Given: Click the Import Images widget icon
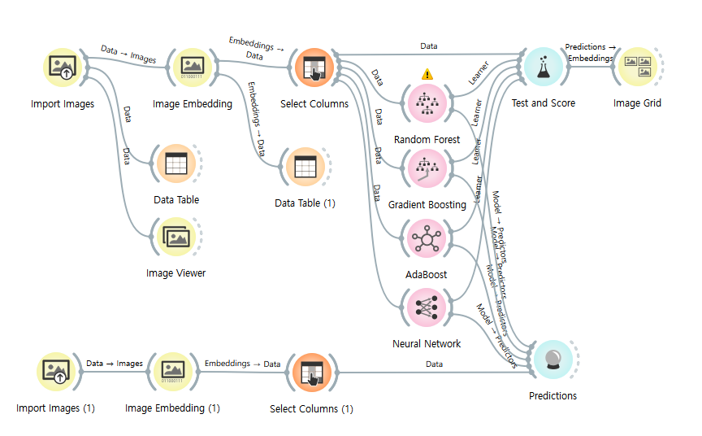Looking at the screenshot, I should [x=63, y=68].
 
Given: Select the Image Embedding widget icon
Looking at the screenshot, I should [x=193, y=68].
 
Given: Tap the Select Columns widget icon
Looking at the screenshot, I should [x=314, y=68].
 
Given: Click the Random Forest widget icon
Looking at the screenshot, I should [x=427, y=102].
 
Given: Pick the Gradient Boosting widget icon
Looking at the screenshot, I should [x=427, y=168].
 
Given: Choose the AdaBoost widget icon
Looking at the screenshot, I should [x=427, y=239].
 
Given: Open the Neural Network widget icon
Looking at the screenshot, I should [x=427, y=308].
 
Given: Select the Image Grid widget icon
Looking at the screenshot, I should [x=637, y=68].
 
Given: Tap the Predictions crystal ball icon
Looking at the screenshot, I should [x=552, y=360].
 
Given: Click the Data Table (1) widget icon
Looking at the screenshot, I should [x=305, y=167].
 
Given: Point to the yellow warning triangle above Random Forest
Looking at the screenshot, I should [x=427, y=74].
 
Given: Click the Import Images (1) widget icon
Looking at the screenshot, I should [x=58, y=373].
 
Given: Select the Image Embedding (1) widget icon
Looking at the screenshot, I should [x=172, y=373].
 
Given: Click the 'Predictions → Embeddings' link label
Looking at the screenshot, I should [x=590, y=53].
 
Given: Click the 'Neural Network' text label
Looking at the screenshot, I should [x=427, y=344].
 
